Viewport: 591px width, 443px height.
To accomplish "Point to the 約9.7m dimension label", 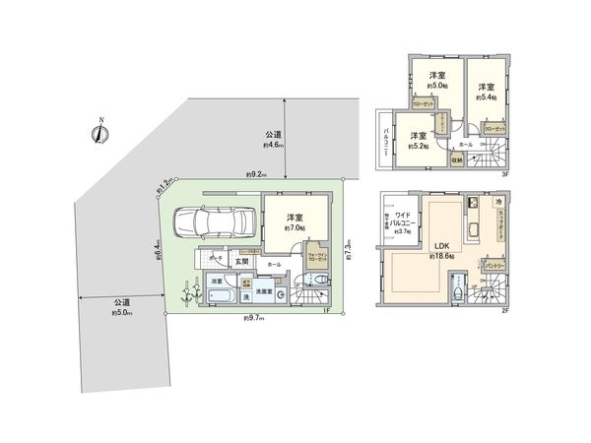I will [x=253, y=319].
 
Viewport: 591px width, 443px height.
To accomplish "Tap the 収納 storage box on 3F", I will [x=457, y=158].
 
